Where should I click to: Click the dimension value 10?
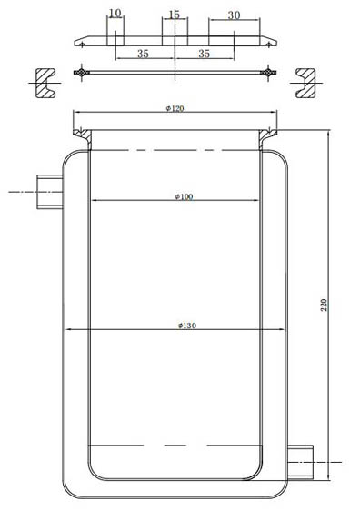[115, 15]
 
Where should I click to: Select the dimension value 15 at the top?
[174, 15]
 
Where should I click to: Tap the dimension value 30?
[234, 15]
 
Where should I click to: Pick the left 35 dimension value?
[144, 54]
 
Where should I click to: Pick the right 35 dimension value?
[205, 54]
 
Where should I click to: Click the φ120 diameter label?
[175, 108]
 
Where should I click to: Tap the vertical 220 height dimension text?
[324, 305]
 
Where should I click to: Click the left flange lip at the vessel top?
[85, 139]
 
